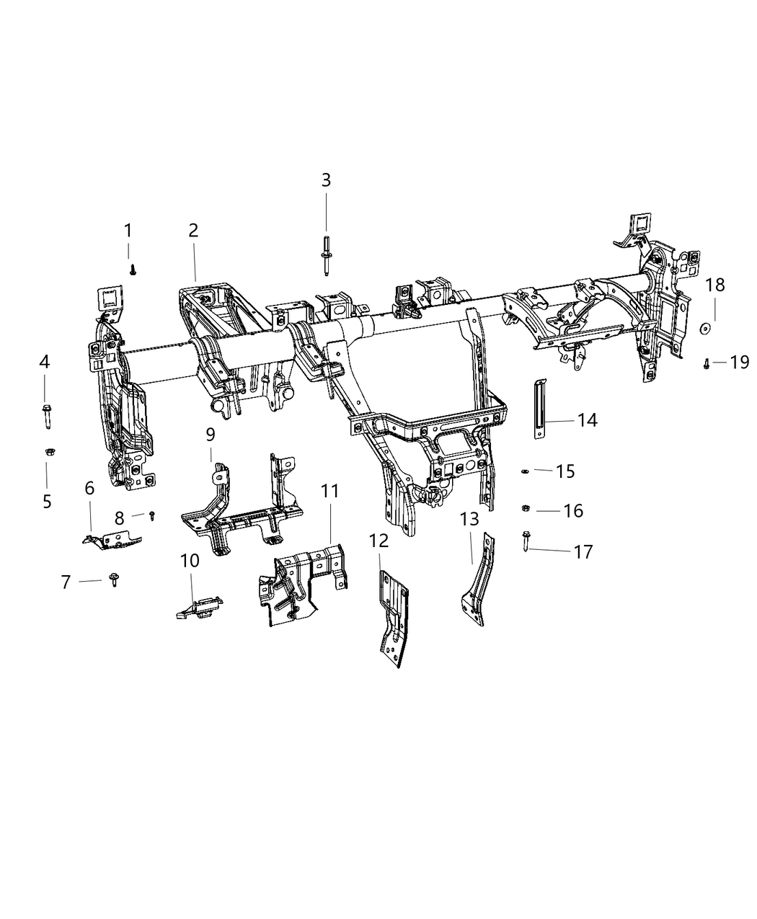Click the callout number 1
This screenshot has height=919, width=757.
pyautogui.click(x=128, y=231)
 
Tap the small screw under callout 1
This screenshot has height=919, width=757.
pyautogui.click(x=133, y=269)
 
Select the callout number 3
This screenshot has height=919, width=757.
pyautogui.click(x=326, y=180)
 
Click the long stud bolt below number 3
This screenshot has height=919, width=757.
pyautogui.click(x=326, y=255)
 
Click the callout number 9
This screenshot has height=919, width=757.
pyautogui.click(x=211, y=435)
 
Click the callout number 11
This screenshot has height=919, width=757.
pyautogui.click(x=330, y=492)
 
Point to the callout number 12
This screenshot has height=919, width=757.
pyautogui.click(x=379, y=540)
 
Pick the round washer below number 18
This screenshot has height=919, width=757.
pyautogui.click(x=704, y=329)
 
